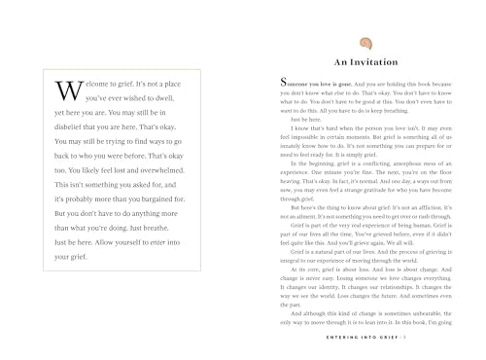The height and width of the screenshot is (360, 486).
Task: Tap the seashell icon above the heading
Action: pos(366,43)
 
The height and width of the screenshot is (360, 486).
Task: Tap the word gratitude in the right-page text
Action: pos(380,191)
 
